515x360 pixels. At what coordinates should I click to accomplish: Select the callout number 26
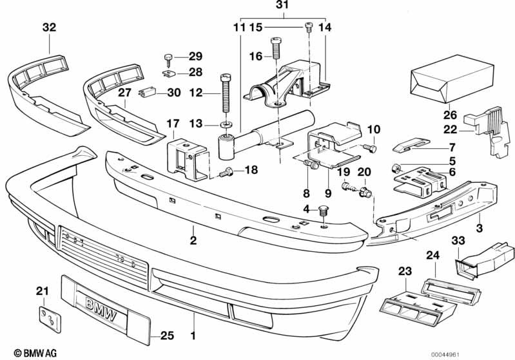[449, 116]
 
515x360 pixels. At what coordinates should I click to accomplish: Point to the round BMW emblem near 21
[46, 317]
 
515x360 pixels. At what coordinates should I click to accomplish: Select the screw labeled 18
[226, 172]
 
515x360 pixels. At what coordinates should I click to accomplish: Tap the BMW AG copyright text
[26, 353]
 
